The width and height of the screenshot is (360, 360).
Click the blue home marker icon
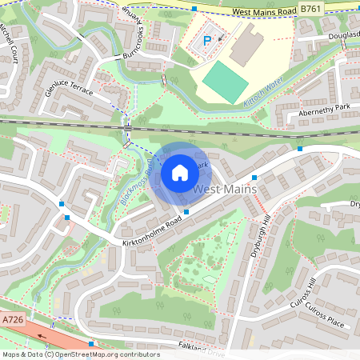pos(179,173)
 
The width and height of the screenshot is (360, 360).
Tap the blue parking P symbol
pos(207,40)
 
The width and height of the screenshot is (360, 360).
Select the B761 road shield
pos(311,8)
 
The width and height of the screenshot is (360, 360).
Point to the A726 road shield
pos(12,320)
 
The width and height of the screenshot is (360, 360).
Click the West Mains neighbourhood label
pos(226,190)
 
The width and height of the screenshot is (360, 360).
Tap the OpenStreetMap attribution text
pos(80,354)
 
